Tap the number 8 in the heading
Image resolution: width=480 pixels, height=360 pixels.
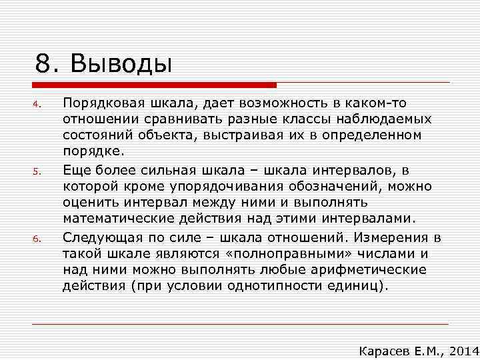click(x=43, y=65)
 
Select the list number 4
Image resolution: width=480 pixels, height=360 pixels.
click(x=39, y=104)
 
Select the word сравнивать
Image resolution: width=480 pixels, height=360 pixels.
click(x=173, y=119)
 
